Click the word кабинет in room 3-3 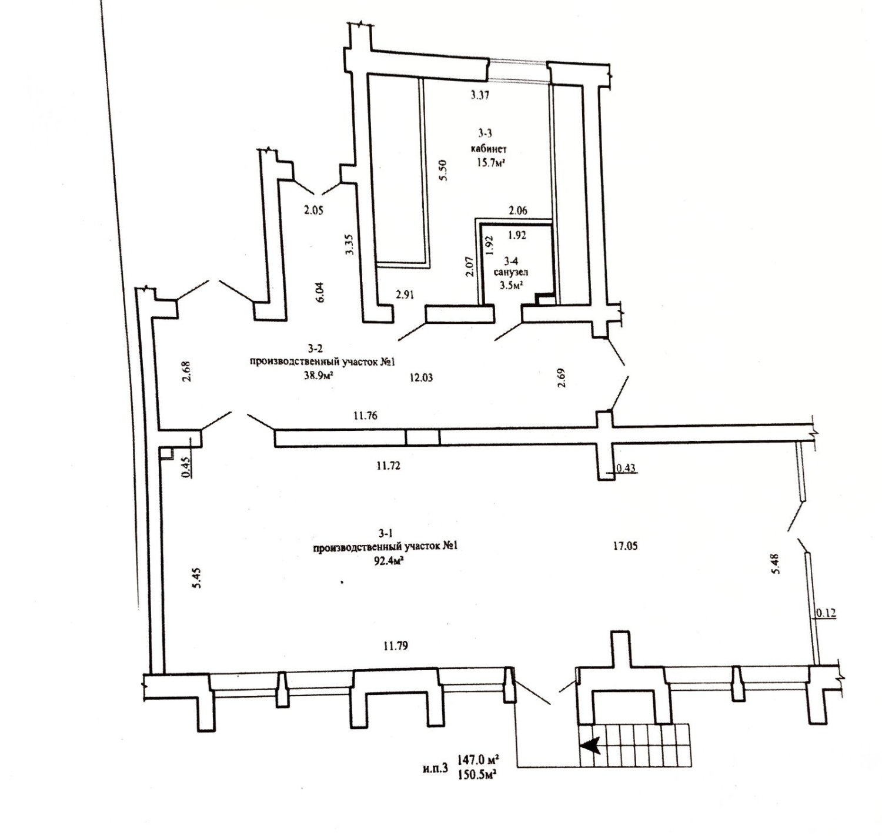click(x=489, y=149)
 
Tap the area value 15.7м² click(x=490, y=163)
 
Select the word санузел click(x=510, y=272)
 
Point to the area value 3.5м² click(x=512, y=285)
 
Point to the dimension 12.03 click(x=421, y=377)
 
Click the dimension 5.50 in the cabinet click(x=443, y=170)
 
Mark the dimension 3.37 click(x=480, y=95)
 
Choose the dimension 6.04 click(x=320, y=292)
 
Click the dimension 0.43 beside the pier click(x=626, y=468)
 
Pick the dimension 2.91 click(x=405, y=295)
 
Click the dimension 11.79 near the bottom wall click(x=396, y=646)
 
